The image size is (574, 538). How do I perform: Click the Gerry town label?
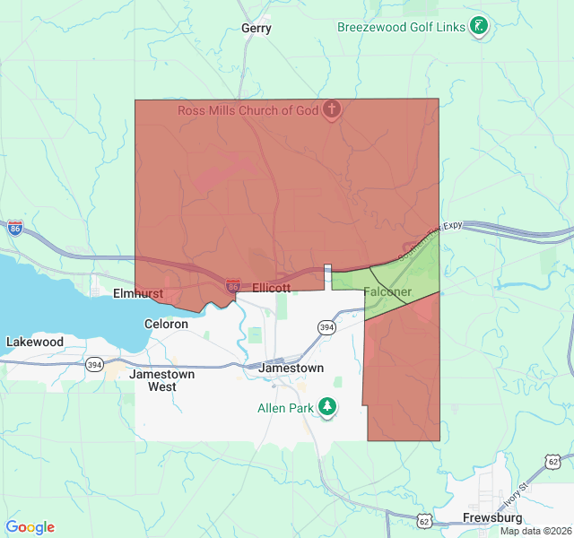point(257,29)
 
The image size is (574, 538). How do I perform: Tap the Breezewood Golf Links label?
point(401,27)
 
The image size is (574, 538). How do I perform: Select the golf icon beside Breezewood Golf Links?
point(480,27)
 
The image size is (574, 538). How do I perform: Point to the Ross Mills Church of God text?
point(248,110)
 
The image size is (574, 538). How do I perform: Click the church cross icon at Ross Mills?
point(332,110)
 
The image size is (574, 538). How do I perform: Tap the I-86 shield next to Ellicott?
point(233,283)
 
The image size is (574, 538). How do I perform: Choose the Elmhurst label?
point(137,293)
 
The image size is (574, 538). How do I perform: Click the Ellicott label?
point(272,288)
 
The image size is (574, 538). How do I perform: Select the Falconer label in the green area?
point(387,292)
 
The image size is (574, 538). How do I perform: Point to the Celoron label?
point(166,324)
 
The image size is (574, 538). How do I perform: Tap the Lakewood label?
point(35,342)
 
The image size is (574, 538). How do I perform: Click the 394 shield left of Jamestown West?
point(94,364)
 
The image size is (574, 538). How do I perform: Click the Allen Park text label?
point(286,409)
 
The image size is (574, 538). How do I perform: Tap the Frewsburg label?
point(492,518)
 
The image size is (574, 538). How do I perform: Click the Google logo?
point(30,527)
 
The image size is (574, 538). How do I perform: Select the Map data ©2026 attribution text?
point(535,531)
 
